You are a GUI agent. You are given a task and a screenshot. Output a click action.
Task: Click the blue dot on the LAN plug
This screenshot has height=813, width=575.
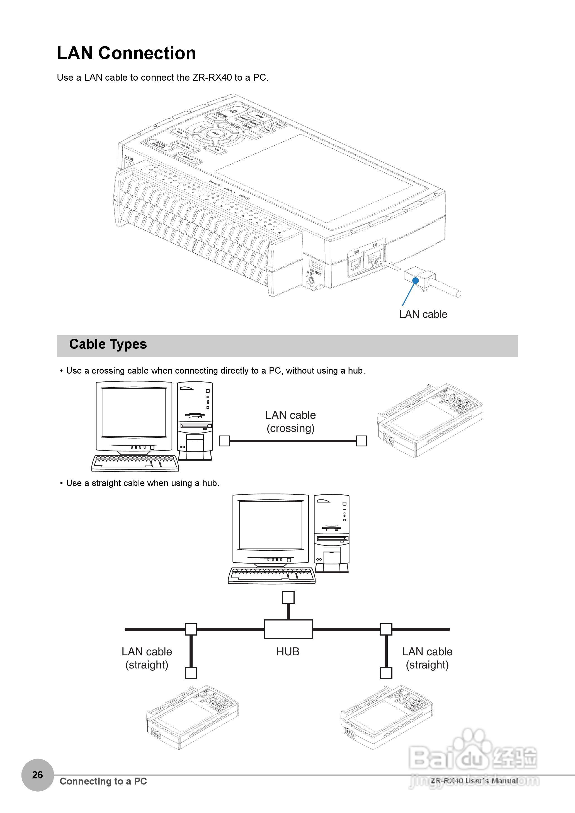coord(416,281)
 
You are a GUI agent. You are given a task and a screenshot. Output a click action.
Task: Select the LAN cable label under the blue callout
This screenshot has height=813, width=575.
coord(423,314)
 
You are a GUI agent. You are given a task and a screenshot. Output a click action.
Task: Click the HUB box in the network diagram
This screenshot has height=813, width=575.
coord(288,629)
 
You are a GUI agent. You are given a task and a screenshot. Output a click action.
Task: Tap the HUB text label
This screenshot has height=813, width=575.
coord(288,651)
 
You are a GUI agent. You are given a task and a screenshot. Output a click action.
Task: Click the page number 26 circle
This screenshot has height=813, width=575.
coord(38,775)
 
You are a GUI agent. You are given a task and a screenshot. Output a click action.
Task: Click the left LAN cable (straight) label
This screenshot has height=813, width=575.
coord(147,658)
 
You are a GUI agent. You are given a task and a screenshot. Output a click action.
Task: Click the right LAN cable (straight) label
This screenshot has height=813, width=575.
coord(427,658)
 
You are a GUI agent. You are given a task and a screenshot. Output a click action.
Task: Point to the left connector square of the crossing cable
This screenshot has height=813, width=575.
coord(224,441)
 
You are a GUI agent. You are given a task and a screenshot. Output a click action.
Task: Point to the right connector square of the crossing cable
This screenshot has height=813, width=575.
coord(361,441)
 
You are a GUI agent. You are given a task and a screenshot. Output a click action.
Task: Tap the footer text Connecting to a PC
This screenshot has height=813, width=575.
coord(103,781)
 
